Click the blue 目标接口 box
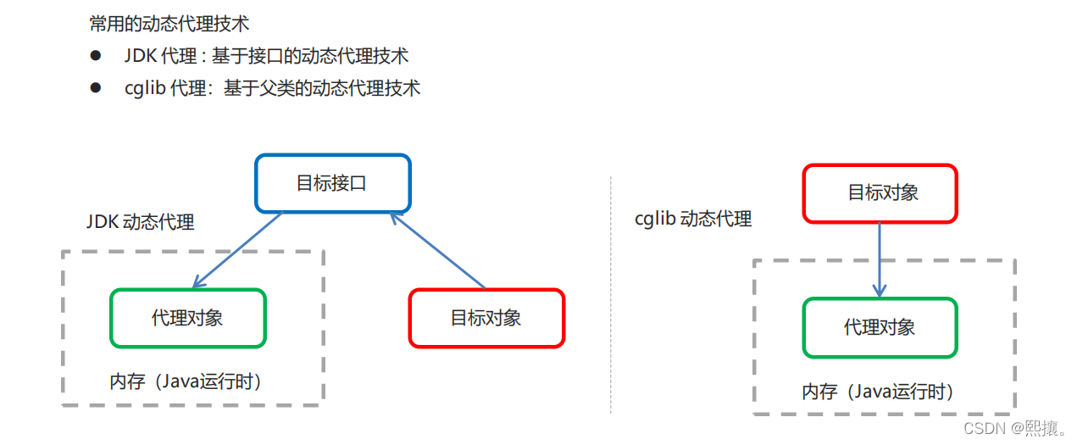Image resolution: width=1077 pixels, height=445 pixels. click(332, 183)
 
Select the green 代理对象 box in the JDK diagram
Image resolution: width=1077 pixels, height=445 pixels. click(187, 318)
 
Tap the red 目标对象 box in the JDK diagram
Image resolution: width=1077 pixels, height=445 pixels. click(486, 318)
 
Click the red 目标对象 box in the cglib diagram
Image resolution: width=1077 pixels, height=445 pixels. click(880, 193)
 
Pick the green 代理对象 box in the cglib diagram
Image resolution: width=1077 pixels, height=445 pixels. click(880, 327)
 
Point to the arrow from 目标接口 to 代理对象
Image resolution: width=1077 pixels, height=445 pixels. click(238, 250)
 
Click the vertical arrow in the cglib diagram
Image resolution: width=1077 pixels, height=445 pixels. click(880, 259)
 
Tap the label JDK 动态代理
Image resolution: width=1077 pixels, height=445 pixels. click(141, 222)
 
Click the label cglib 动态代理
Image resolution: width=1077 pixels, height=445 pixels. click(693, 219)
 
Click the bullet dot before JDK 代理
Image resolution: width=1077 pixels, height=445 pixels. click(96, 56)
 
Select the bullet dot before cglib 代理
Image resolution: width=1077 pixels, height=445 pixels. click(96, 87)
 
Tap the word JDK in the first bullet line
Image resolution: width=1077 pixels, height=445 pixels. click(140, 56)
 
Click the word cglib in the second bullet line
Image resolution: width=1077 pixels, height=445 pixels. click(144, 88)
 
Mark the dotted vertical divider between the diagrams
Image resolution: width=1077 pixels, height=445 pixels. click(610, 297)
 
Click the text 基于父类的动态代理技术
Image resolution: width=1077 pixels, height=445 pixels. click(322, 88)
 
